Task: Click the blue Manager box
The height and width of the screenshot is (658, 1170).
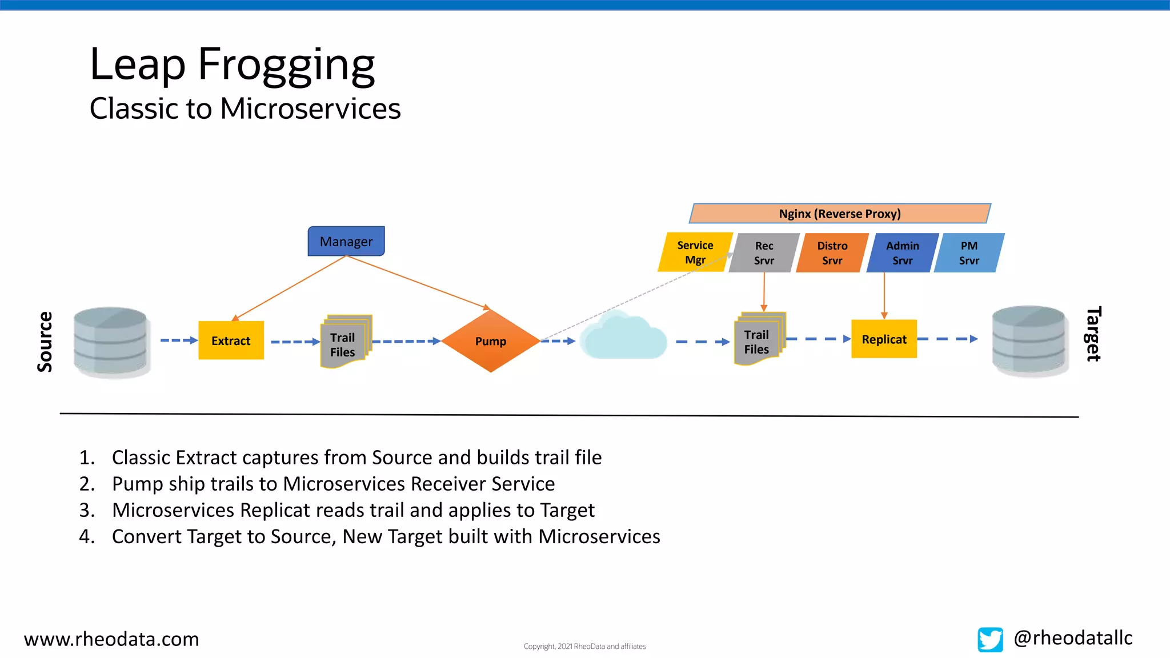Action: point(346,241)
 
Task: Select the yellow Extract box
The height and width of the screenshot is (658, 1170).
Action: point(231,340)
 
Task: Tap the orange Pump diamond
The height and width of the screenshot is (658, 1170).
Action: point(490,341)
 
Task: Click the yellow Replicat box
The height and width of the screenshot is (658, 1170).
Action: point(884,339)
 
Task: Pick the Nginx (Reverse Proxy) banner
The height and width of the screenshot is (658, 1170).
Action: point(839,214)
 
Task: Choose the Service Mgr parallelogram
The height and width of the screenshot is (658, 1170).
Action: point(695,252)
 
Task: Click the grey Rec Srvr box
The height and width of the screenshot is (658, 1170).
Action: point(764,253)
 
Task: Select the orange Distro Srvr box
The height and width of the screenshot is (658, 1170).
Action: point(832,253)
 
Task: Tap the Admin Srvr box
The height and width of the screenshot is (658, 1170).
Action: point(902,253)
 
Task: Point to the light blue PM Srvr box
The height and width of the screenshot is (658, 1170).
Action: point(969,253)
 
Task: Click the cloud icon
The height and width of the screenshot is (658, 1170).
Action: point(624,338)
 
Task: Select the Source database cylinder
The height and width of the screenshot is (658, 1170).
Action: point(111,342)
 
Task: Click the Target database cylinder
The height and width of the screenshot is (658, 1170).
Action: point(1029,340)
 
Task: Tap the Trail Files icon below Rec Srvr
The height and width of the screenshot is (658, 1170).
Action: point(759,340)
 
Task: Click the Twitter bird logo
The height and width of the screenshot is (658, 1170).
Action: point(990,639)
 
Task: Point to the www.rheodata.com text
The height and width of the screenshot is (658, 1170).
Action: point(111,639)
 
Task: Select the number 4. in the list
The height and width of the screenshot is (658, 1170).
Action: point(87,536)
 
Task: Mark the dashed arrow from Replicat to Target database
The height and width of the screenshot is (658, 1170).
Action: point(947,339)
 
